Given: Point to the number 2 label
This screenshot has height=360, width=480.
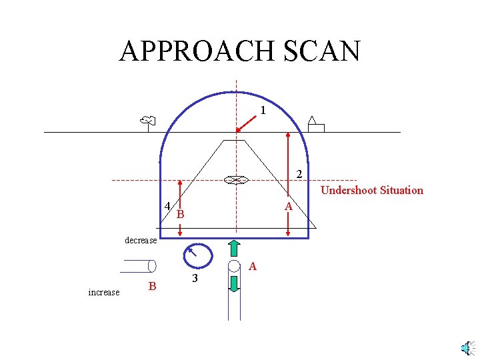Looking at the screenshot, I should [x=299, y=174].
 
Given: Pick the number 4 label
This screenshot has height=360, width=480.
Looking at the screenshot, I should [x=167, y=205].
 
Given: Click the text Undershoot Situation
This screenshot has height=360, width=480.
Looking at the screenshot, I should [x=372, y=190].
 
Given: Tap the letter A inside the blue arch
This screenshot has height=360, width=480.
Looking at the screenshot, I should [x=288, y=207].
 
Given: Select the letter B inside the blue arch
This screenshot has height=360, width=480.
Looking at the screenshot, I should [x=180, y=215].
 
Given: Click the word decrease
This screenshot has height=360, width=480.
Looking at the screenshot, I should [x=141, y=240].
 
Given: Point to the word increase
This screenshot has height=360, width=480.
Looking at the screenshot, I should [x=104, y=292].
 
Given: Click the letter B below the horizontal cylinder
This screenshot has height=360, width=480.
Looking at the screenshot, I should [x=152, y=286].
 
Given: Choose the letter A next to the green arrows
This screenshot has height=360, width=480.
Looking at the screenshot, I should [x=253, y=267].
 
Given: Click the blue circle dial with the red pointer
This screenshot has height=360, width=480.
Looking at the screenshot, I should [x=197, y=255].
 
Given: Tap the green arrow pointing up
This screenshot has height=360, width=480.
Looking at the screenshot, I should [x=234, y=247].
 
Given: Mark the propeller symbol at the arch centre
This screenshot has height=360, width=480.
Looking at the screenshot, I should [x=235, y=180].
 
